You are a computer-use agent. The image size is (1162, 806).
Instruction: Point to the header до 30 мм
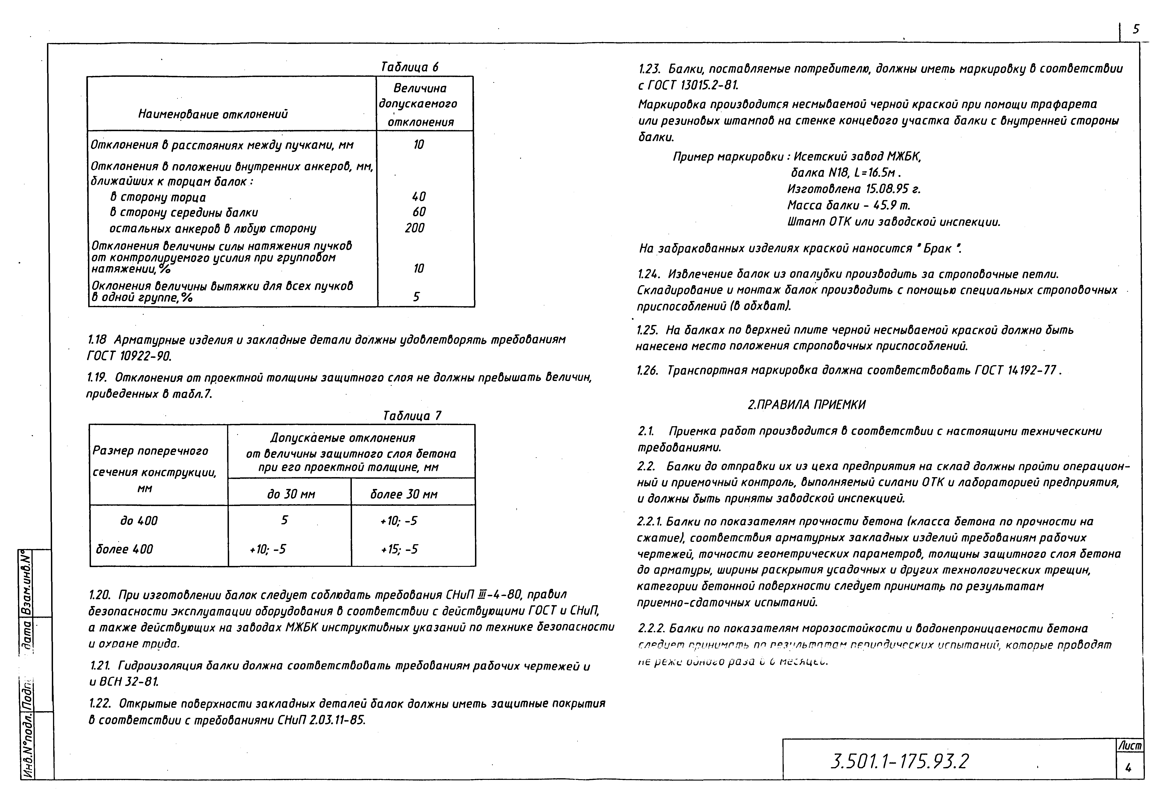291,494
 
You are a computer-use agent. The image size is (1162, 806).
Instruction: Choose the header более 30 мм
404,494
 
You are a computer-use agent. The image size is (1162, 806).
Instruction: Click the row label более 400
124,550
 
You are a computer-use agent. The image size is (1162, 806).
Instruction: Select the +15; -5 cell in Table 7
399,550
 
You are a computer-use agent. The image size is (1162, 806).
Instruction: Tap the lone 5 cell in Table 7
284,520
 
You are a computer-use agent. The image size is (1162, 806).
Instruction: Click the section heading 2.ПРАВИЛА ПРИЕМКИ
807,405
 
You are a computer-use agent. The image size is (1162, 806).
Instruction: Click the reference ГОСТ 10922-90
129,357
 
